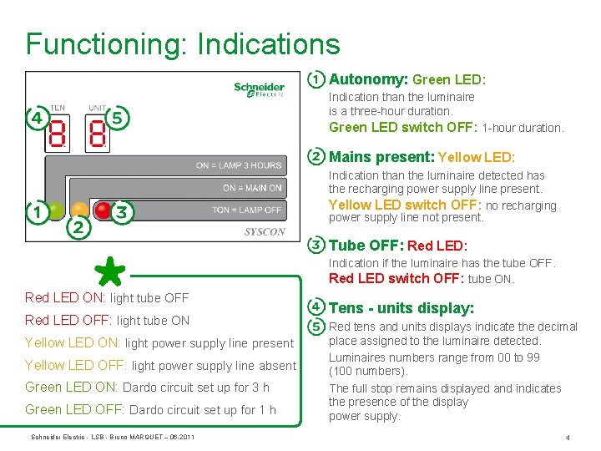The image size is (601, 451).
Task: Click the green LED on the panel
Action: click(x=56, y=210)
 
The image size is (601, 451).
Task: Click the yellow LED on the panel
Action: click(x=79, y=210)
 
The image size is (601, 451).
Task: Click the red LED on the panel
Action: click(x=102, y=210)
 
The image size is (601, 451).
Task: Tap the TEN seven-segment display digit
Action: click(x=58, y=132)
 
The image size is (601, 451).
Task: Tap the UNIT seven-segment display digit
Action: click(x=98, y=132)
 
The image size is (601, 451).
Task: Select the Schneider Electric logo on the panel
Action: click(x=259, y=89)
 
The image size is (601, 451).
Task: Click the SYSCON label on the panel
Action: click(x=264, y=231)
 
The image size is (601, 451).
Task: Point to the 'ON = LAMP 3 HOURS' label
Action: click(x=239, y=165)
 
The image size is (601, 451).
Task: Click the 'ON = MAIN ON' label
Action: click(x=252, y=188)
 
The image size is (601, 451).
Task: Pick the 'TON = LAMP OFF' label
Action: click(x=247, y=210)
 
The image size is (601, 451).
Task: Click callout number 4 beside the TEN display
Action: click(x=36, y=118)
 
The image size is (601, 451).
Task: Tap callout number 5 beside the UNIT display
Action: click(x=119, y=118)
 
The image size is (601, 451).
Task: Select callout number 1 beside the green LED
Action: click(x=36, y=212)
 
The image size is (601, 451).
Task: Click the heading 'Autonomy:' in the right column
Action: click(x=368, y=79)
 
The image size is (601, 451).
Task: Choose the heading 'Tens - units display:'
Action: click(x=402, y=308)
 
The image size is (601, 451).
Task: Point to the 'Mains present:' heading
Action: click(x=381, y=157)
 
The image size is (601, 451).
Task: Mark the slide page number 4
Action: click(x=567, y=437)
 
